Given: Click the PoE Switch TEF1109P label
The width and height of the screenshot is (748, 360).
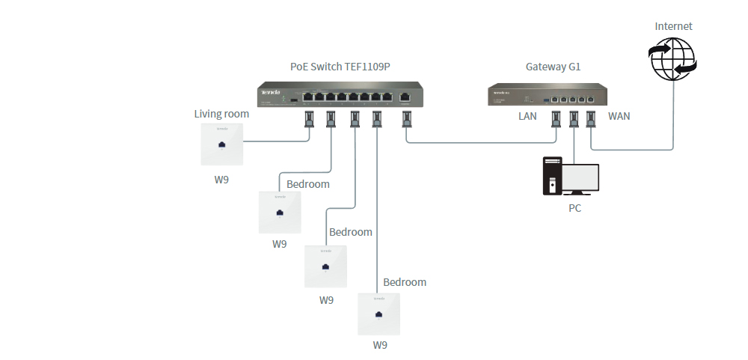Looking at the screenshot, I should [x=340, y=67].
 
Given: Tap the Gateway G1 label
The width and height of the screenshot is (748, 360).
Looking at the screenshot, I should [x=553, y=67].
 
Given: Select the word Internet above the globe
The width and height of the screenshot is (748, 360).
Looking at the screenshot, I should [x=673, y=26].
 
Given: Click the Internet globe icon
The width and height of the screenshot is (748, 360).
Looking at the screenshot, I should [x=672, y=59].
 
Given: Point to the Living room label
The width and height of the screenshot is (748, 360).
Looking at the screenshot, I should [x=221, y=114].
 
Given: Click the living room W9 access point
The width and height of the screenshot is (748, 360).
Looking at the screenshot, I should [x=222, y=144].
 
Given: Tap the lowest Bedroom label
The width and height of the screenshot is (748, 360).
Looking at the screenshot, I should [x=404, y=282].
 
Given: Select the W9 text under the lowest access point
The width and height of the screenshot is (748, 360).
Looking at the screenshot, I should [x=380, y=345].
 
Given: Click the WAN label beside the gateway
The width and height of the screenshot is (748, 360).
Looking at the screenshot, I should [x=620, y=116].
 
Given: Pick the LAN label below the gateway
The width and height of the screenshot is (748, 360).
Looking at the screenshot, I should [x=528, y=116].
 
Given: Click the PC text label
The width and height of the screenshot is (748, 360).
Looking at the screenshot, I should [x=574, y=208].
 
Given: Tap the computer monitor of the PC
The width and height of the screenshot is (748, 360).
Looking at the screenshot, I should [x=580, y=178].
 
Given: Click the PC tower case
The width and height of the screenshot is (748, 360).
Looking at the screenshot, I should [x=552, y=175].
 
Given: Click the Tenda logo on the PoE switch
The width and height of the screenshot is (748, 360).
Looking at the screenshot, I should [x=269, y=92].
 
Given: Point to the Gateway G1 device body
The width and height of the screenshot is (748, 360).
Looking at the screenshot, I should [x=548, y=95].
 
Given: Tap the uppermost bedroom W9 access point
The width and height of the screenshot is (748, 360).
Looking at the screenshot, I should [x=279, y=213].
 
